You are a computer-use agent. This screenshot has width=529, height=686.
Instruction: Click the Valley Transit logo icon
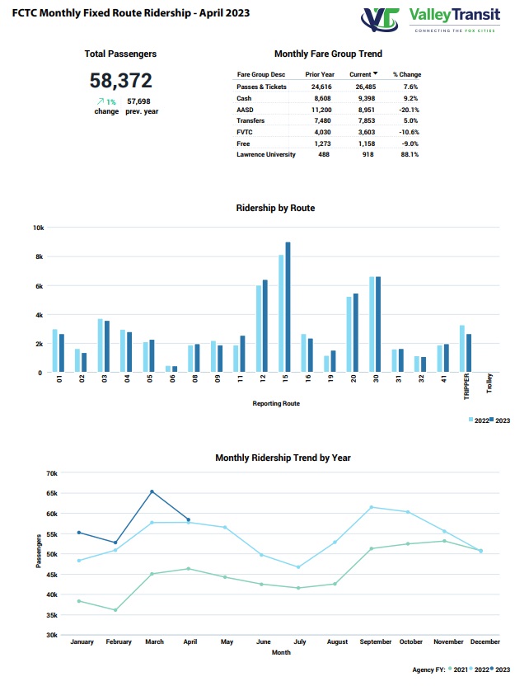click(x=380, y=20)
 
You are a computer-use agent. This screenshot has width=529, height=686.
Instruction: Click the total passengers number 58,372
click(x=121, y=81)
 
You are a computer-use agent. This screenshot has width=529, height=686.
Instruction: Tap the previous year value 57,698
click(x=138, y=101)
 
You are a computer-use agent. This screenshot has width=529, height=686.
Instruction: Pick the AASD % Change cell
click(x=409, y=110)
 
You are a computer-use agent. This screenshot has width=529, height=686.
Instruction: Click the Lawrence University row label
click(x=266, y=154)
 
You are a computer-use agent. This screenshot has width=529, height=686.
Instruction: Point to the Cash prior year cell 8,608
click(x=323, y=98)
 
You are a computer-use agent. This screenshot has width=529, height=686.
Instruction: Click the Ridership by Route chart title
click(x=275, y=208)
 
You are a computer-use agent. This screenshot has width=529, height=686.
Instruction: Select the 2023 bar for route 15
click(x=288, y=307)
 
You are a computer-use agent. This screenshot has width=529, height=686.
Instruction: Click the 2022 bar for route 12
click(x=259, y=329)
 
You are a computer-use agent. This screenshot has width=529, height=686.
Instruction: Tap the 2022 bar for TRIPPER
click(x=462, y=349)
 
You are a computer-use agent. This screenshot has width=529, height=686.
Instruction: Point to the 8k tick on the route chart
click(x=40, y=256)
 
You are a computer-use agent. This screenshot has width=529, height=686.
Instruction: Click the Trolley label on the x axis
click(x=489, y=383)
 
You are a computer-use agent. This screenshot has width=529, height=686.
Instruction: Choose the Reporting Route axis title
click(x=276, y=403)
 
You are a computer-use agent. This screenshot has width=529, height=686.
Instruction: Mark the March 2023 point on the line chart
click(x=152, y=491)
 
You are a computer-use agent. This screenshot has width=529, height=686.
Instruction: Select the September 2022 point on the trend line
click(x=372, y=508)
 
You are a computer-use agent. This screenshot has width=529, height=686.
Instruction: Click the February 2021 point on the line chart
click(x=115, y=610)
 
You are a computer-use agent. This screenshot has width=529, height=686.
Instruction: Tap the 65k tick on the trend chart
click(x=52, y=493)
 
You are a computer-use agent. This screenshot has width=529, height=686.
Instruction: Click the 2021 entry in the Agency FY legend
click(x=458, y=670)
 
